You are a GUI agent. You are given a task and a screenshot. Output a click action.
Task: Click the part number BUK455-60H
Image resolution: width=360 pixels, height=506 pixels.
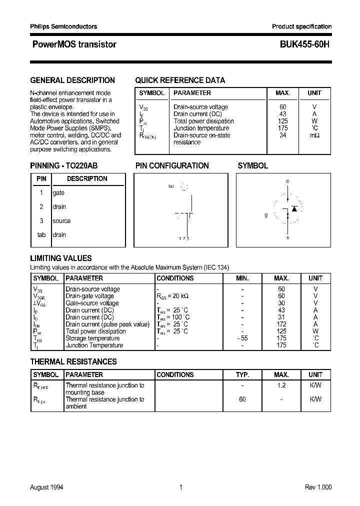pos(301,44)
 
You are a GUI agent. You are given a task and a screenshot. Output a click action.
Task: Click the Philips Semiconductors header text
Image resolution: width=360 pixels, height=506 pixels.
pos(63,26)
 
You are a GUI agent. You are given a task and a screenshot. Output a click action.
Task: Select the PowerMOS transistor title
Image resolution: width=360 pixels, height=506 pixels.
pos(74,44)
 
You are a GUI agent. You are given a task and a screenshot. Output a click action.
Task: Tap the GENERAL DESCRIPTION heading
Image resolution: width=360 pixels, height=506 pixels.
pos(72,80)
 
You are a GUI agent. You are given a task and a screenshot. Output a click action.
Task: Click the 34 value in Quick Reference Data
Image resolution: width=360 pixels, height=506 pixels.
pos(283,135)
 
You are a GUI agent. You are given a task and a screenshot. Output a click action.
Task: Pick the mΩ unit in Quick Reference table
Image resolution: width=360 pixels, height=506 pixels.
pos(314,135)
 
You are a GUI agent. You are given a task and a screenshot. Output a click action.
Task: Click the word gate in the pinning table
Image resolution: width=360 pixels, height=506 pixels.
pos(58,193)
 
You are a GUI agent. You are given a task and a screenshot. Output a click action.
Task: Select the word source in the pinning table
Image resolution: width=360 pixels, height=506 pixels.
pos(61,221)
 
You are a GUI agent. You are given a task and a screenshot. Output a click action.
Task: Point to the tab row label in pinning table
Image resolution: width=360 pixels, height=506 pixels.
pos(41,235)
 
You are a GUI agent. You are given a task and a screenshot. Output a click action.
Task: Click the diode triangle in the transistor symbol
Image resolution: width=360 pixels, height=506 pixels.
pos(294,208)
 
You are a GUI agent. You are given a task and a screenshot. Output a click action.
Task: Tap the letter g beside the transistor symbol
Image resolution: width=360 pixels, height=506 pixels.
pos(266,215)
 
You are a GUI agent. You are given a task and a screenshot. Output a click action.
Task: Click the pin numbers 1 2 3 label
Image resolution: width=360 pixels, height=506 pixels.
pos(183,238)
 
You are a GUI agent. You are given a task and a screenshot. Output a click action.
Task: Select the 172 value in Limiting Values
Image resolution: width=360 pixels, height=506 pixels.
pos(281,324)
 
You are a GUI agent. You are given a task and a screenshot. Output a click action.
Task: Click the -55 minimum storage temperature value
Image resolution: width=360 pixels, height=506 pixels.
pos(242,338)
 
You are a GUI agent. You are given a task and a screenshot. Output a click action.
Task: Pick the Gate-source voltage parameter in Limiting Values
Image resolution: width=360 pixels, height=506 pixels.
pos(92,303)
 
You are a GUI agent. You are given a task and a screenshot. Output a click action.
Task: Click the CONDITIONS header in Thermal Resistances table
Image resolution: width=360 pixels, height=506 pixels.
pos(175,374)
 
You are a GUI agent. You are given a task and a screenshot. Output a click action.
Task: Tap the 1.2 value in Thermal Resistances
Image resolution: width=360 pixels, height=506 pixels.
pos(281,385)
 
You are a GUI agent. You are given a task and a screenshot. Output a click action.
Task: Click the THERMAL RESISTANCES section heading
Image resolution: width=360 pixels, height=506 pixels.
pos(73,361)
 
